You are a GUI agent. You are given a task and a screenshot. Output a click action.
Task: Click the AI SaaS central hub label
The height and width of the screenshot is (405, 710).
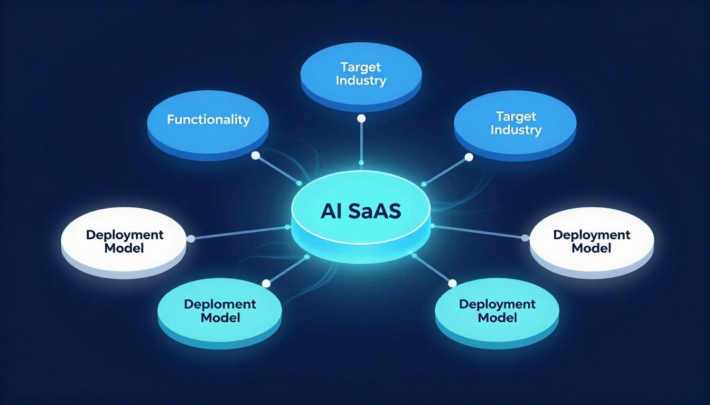pyautogui.click(x=361, y=211)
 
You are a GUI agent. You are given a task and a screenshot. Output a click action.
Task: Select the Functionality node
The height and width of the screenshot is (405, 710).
pyautogui.click(x=208, y=120)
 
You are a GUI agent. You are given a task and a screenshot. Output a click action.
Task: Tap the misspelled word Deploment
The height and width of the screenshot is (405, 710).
pyautogui.click(x=220, y=304)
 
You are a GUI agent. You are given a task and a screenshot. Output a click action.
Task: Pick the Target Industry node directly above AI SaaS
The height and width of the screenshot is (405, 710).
pyautogui.click(x=361, y=74)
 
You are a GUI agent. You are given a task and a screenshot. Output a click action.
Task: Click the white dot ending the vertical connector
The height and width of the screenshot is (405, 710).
pyautogui.click(x=361, y=119)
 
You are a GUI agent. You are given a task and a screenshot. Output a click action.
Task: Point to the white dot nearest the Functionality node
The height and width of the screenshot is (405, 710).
pyautogui.click(x=256, y=156)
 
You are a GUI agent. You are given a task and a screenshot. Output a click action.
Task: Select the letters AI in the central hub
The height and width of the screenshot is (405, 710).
pyautogui.click(x=332, y=211)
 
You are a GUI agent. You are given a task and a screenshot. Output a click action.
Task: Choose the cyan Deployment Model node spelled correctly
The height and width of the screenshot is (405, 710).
pyautogui.click(x=497, y=311)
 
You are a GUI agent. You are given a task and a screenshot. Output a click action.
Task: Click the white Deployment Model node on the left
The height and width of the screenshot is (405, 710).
pyautogui.click(x=124, y=241)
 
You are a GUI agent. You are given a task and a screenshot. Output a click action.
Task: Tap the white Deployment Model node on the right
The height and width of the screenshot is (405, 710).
pyautogui.click(x=592, y=241)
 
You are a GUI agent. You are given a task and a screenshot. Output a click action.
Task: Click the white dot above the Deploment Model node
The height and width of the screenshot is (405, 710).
pyautogui.click(x=266, y=284)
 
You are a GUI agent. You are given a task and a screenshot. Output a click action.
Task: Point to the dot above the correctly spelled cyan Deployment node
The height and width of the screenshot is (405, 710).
pyautogui.click(x=452, y=284)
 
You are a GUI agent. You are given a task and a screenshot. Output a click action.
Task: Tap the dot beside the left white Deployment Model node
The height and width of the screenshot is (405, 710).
pyautogui.click(x=191, y=239)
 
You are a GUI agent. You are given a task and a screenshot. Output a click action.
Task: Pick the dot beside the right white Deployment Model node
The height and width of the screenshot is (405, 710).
pyautogui.click(x=525, y=238)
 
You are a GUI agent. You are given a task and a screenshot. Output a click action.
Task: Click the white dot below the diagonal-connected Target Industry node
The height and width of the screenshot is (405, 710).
pyautogui.click(x=468, y=157)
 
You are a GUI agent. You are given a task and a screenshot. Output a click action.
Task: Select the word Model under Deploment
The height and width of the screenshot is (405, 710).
pyautogui.click(x=220, y=317)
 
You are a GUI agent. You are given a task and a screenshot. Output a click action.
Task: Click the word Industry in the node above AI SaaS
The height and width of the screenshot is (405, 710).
pyautogui.click(x=361, y=81)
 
